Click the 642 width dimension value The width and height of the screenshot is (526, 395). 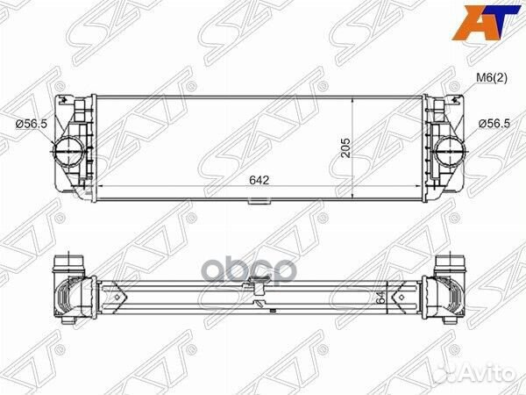click(258, 180)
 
